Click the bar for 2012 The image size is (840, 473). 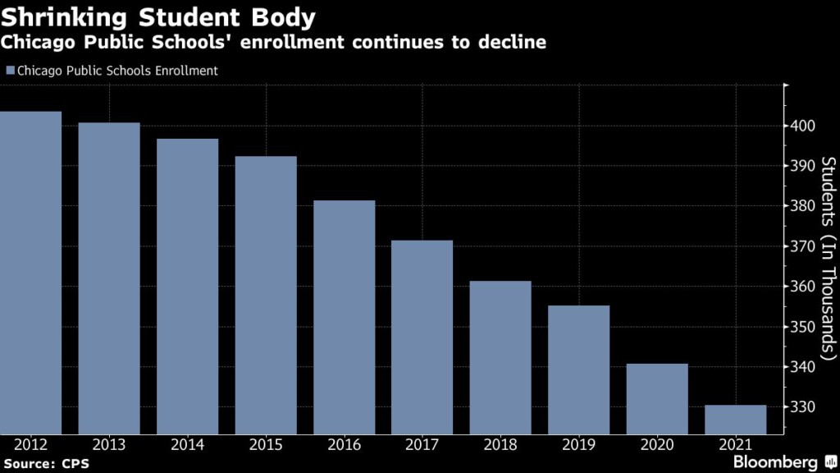[30, 273]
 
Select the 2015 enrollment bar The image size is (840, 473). [266, 295]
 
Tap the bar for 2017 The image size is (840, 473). [422, 338]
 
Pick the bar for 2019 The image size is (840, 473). [578, 370]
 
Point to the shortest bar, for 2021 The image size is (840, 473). [736, 420]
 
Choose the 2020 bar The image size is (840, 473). [657, 399]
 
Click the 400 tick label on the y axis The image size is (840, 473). [803, 126]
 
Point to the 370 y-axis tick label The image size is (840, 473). [803, 246]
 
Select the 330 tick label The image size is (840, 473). [803, 407]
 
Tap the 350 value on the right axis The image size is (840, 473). [803, 327]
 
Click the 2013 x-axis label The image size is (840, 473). [109, 444]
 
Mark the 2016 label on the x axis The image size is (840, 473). [344, 444]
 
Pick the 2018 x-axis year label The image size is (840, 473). [500, 444]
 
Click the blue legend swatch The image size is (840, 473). [10, 71]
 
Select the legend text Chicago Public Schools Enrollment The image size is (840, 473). [117, 71]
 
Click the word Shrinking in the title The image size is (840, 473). [64, 18]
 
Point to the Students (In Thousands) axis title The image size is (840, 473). [829, 259]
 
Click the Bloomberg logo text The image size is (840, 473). [775, 462]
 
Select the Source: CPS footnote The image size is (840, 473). [47, 464]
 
